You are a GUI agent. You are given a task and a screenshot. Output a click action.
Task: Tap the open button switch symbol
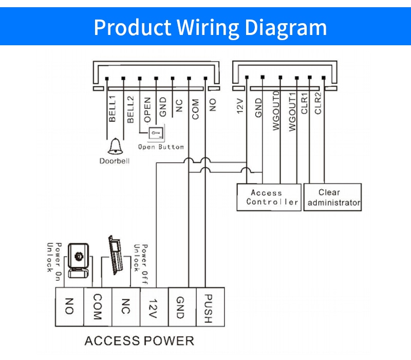coord(157,133)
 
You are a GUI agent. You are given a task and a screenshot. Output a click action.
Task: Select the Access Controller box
coord(269,197)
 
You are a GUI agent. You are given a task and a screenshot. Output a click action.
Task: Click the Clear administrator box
coord(332,197)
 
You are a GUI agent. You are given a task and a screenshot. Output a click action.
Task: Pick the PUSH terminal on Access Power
coord(210,307)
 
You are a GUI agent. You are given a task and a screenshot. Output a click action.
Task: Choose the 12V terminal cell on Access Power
coord(154,307)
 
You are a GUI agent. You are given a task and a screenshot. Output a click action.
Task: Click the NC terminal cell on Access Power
coord(126,307)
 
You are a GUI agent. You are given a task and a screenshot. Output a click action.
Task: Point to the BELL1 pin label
coord(112,109)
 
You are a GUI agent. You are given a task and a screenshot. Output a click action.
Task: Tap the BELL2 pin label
coord(130,109)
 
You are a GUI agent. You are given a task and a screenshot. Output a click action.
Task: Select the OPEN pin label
coord(147,110)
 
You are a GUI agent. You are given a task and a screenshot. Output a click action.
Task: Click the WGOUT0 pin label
coord(276,111)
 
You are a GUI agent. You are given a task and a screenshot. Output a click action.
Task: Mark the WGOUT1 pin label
coord(292,112)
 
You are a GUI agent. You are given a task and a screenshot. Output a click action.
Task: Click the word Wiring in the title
coord(208,28)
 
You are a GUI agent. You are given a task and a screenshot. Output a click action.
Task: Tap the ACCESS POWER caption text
coord(139,341)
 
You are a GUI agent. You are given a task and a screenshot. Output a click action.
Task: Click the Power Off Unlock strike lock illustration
coord(116,255)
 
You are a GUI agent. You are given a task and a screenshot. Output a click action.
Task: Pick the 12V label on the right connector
coord(240,106)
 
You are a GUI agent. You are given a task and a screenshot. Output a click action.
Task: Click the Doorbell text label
coord(115,161)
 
